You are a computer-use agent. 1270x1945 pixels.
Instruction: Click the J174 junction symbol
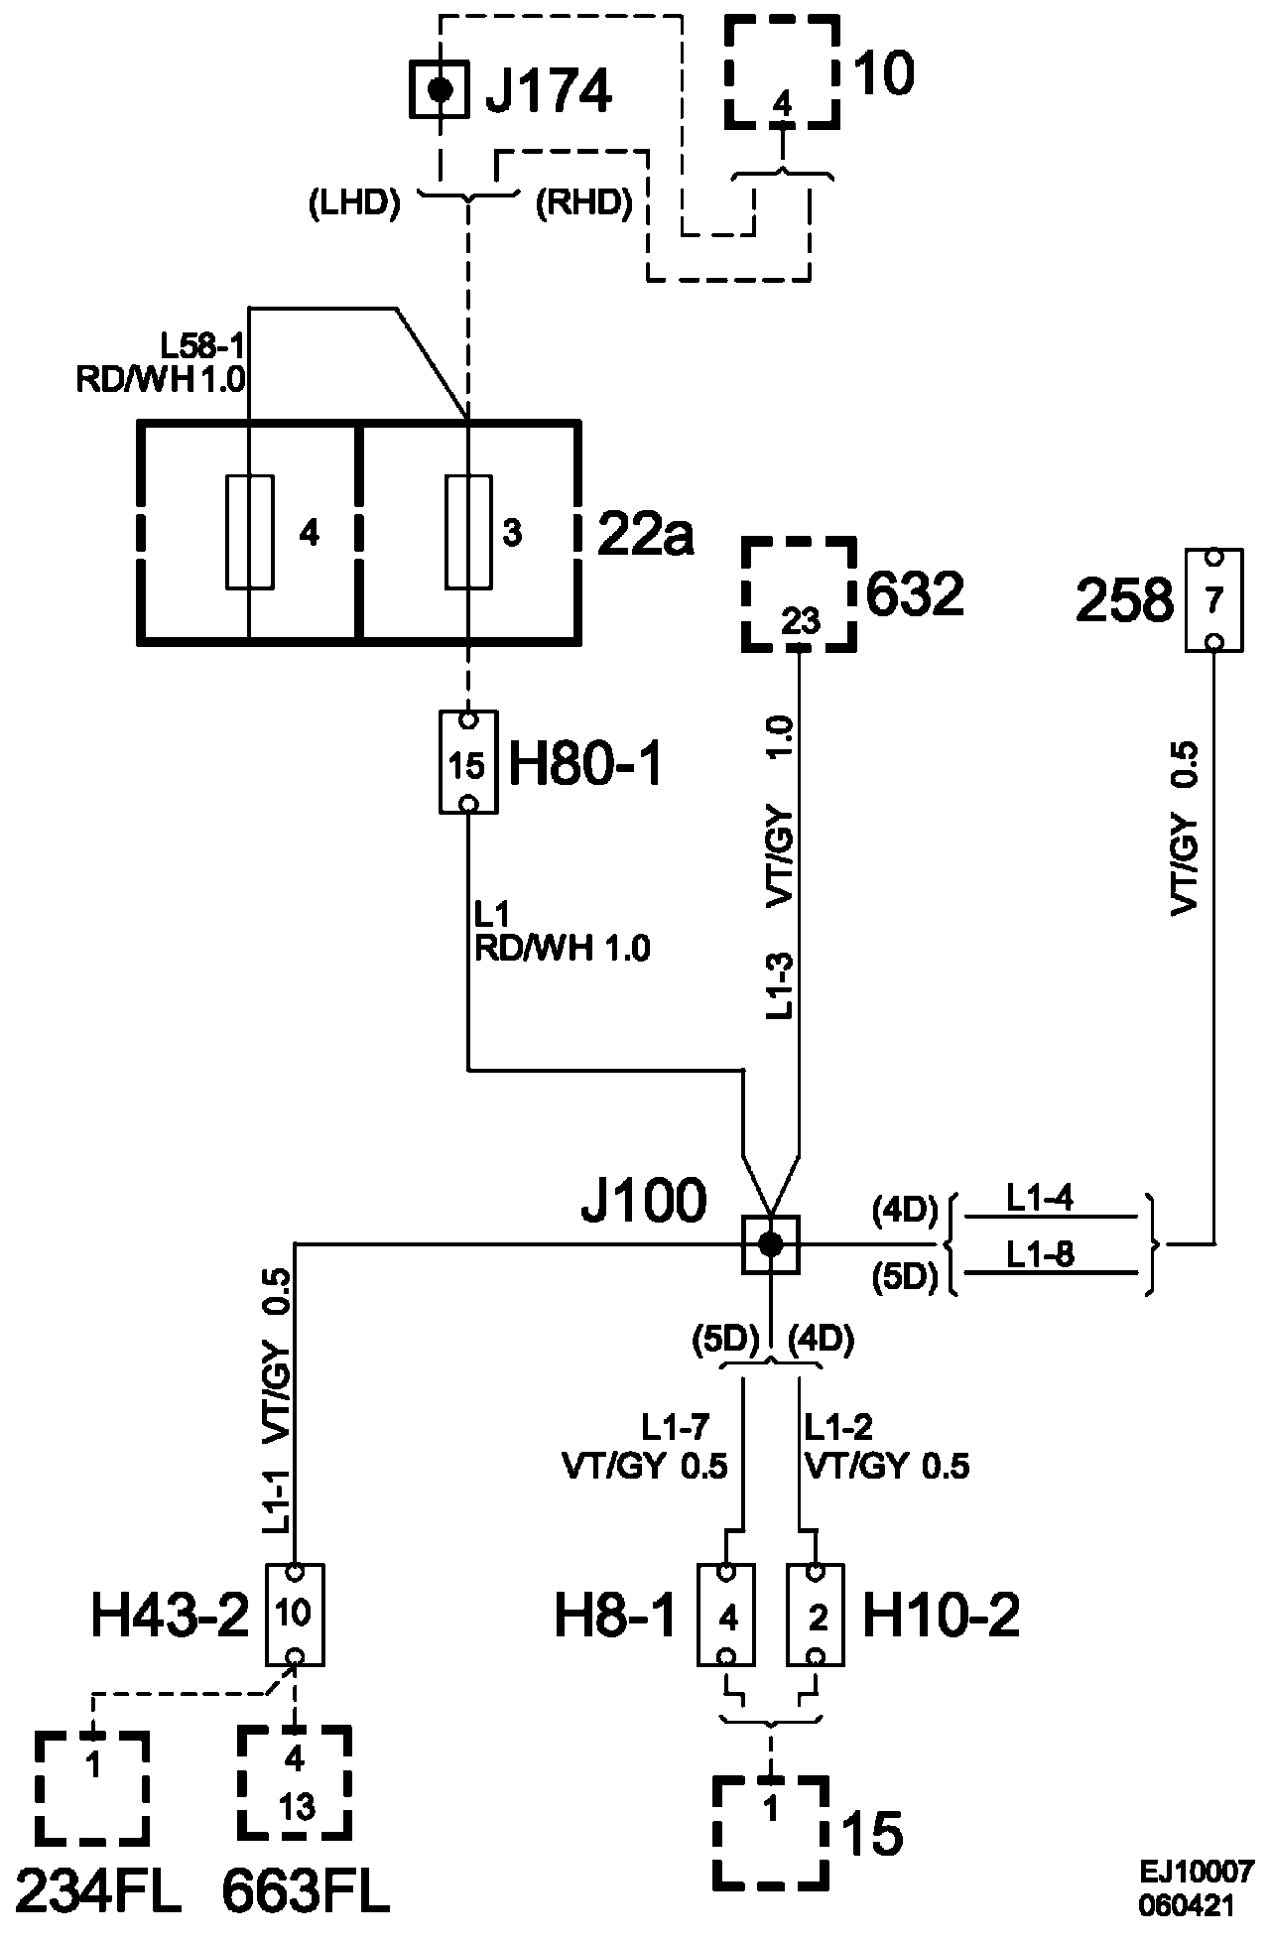439,90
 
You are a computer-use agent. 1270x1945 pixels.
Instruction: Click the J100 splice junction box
771,1244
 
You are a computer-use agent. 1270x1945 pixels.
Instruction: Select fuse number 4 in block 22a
250,532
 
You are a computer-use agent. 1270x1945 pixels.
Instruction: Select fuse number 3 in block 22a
468,532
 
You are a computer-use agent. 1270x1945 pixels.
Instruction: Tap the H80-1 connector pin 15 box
468,762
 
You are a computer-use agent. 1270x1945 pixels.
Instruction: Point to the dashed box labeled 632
800,594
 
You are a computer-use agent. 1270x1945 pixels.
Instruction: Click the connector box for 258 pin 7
1214,600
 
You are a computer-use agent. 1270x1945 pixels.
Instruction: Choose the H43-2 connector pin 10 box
295,1615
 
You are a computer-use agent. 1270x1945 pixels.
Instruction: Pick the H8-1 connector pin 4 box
728,1615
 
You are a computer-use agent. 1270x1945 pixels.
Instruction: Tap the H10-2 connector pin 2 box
816,1615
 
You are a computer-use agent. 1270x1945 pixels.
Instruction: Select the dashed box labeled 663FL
294,1783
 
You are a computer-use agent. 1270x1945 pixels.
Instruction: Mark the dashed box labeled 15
771,1832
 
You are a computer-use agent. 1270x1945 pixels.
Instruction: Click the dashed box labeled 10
782,71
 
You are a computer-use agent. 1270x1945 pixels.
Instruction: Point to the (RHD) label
583,202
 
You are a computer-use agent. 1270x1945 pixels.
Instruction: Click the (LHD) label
353,202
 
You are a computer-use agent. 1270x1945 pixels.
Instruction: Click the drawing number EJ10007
1197,1872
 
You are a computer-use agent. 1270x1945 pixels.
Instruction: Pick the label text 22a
646,536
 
